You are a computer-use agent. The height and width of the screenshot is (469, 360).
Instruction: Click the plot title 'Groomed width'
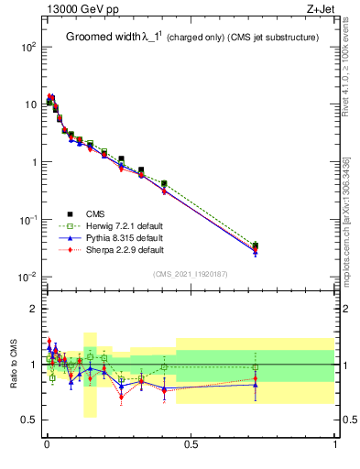(102, 38)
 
